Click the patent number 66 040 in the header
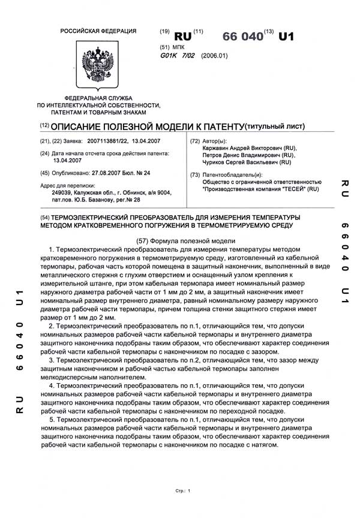tap(243, 36)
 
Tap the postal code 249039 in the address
tap(62, 192)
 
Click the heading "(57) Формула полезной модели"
tap(180, 240)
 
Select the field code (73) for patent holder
tap(194, 174)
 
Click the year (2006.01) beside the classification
tap(215, 56)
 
